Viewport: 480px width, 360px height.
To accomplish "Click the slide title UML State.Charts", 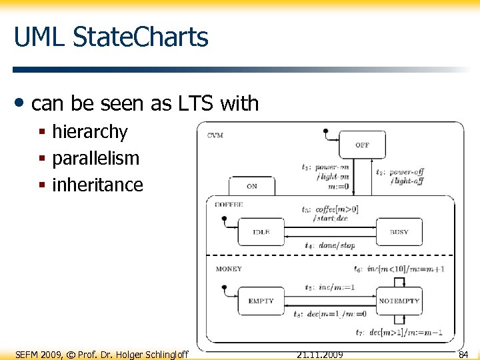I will (x=111, y=37).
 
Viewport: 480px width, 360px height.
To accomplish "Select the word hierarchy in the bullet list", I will (x=89, y=132).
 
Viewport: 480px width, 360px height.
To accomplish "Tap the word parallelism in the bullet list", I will (x=95, y=159).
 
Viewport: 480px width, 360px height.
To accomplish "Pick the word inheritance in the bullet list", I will (x=97, y=185).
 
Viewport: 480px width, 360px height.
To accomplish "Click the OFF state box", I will (x=362, y=145).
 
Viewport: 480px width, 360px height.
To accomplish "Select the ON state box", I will (x=251, y=186).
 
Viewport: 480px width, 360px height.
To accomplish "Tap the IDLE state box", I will (x=261, y=232).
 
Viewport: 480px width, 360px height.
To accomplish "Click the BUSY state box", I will (x=399, y=232).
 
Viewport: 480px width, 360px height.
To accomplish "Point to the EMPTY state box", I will (x=261, y=301).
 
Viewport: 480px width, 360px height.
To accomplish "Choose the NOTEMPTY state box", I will (x=399, y=301).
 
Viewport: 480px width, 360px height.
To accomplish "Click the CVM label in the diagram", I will (x=215, y=135).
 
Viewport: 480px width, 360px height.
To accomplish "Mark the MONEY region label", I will (x=229, y=269).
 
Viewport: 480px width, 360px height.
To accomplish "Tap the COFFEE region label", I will (x=229, y=205).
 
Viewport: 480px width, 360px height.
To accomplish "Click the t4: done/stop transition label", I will (x=329, y=245).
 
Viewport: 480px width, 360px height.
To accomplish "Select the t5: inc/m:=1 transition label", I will (x=329, y=288).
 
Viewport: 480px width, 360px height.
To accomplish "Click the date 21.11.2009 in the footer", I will (x=319, y=354).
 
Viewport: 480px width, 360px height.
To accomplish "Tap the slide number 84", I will (x=463, y=354).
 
